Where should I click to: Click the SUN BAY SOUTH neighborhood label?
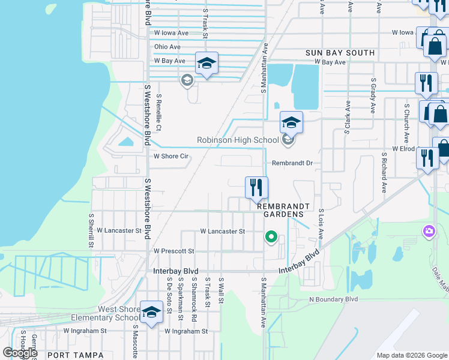[340, 53]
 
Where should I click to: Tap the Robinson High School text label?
[238, 140]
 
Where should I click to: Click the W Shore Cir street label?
[172, 156]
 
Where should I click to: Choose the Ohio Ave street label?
[167, 47]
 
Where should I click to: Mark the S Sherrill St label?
[91, 230]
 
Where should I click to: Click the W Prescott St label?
[173, 251]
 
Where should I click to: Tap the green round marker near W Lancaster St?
[271, 238]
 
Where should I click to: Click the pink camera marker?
[429, 231]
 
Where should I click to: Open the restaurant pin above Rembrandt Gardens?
[256, 187]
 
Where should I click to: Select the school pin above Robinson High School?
[291, 123]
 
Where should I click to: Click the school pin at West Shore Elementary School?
[152, 311]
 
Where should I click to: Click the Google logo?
[20, 353]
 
